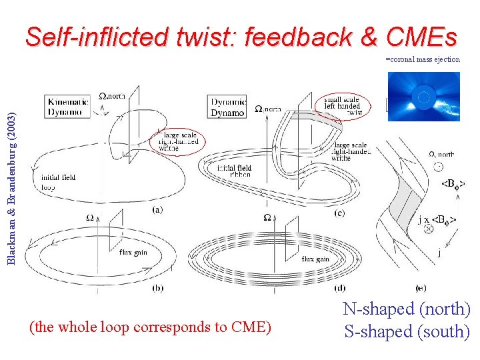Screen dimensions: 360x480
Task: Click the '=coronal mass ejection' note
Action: coord(423,59)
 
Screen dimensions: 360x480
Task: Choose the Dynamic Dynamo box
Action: coord(229,107)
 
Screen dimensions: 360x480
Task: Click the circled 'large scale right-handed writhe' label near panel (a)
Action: coord(179,141)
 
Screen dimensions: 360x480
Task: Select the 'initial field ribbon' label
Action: coord(234,171)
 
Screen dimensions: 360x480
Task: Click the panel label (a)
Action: coord(157,209)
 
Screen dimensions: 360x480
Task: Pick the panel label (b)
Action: coord(157,288)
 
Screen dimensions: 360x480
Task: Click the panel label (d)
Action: coord(340,288)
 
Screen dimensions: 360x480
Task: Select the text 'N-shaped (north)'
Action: coord(407,309)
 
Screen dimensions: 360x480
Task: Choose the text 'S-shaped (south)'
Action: coord(407,331)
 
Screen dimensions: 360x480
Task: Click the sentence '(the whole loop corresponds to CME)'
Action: coord(151,327)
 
